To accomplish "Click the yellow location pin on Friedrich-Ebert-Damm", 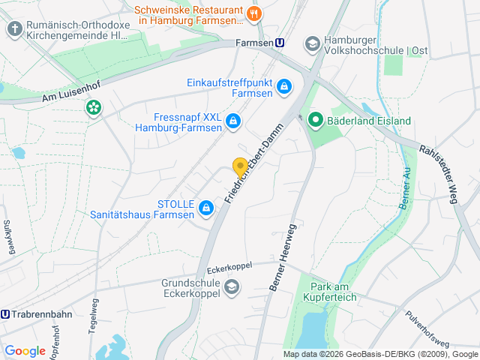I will point(240,167).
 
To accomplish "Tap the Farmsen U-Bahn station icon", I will point(280,43).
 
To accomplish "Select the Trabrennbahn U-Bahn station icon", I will point(6,314).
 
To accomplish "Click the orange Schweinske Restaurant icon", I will point(254,12).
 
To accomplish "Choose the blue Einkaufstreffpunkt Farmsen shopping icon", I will point(284,88).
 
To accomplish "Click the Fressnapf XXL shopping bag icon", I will point(233,120).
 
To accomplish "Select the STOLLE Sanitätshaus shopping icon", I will point(205,206).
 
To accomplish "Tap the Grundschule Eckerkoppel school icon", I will point(232,286).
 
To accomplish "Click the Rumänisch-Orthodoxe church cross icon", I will point(14,29).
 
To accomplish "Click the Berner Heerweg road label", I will point(282,256).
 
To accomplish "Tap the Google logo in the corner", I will point(25,350).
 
